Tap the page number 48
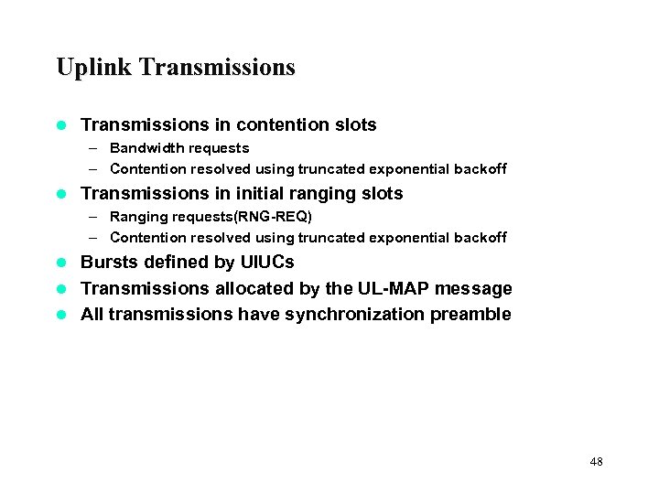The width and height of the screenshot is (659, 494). (597, 462)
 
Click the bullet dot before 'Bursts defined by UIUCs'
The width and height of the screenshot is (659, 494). (62, 263)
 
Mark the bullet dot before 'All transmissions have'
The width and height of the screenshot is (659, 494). (62, 316)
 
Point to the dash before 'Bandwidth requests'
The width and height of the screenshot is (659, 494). (95, 148)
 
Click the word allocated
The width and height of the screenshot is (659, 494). (249, 289)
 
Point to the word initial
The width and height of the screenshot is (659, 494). (260, 194)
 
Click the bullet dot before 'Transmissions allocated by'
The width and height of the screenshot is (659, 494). (62, 289)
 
